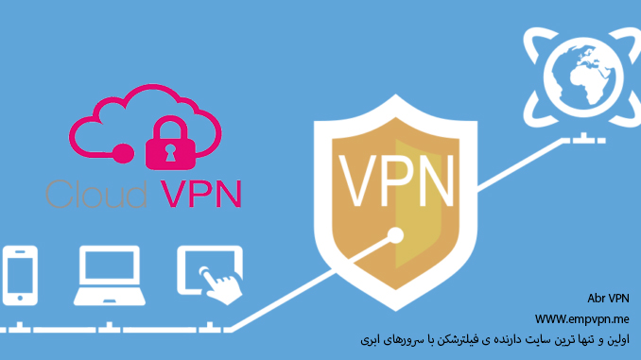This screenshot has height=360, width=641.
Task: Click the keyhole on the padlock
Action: [x=174, y=149]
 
